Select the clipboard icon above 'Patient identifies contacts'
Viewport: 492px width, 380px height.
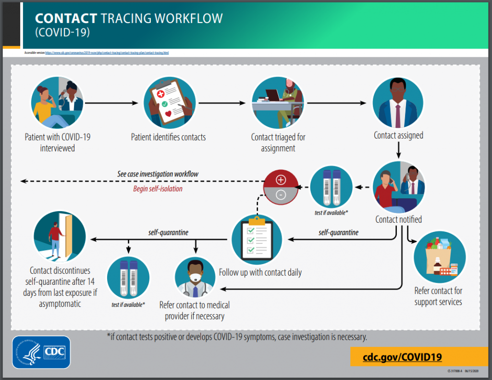169,102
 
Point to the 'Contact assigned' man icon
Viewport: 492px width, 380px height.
398,102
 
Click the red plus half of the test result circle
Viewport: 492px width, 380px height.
281,180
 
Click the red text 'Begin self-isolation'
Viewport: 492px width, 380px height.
158,189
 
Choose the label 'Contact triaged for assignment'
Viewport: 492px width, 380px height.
278,142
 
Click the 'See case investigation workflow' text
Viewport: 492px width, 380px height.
158,174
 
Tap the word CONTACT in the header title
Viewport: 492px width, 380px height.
66,19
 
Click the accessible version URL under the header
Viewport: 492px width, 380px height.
107,52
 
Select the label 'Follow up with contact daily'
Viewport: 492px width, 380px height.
260,272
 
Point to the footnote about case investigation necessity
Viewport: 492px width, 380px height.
237,337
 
